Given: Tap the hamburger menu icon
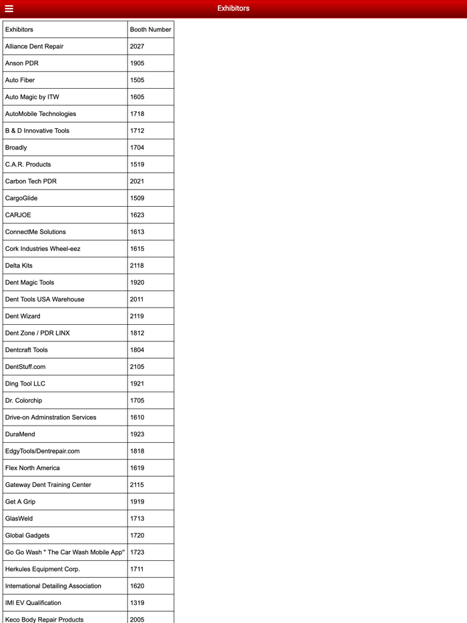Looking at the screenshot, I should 9,9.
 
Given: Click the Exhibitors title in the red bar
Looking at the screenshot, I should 233,9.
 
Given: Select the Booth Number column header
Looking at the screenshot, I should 150,29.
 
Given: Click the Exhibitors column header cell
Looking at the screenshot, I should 19,29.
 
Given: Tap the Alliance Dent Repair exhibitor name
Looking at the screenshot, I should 34,47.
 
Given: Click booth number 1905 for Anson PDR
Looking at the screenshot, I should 137,63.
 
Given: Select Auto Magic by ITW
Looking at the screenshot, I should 32,97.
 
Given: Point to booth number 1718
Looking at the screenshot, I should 137,114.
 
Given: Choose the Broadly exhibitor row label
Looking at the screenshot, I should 16,147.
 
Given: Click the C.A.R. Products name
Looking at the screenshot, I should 28,164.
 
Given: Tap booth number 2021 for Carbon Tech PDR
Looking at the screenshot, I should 137,181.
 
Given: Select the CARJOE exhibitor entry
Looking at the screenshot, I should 18,215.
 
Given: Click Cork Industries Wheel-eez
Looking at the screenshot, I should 43,249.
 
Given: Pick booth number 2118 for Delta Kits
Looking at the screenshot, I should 137,265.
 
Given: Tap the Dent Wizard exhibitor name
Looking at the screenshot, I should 23,316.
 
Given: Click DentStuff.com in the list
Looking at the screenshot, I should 25,367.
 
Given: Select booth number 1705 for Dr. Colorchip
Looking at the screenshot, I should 137,400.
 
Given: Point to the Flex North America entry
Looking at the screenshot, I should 32,468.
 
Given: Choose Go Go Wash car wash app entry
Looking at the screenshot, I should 65,552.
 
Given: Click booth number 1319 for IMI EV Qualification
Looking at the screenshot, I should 137,603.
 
